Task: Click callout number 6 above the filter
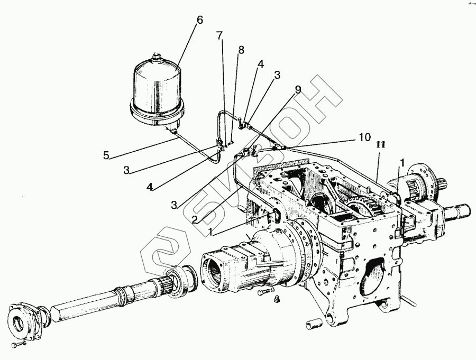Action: pyautogui.click(x=199, y=20)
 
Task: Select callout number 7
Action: pyautogui.click(x=219, y=36)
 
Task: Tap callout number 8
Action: pyautogui.click(x=241, y=50)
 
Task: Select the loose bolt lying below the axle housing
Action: pyautogui.click(x=263, y=291)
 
